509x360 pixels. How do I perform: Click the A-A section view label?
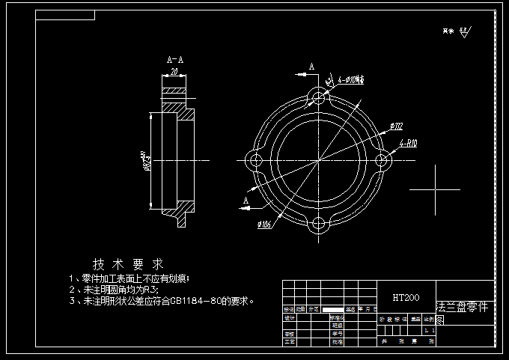point(175,59)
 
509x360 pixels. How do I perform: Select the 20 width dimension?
point(174,71)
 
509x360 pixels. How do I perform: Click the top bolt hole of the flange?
point(319,97)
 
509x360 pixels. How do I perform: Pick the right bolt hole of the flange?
point(383,161)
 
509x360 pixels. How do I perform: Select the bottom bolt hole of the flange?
point(319,225)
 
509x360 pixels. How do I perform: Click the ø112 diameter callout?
point(397,126)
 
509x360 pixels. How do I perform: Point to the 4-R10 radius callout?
point(409,142)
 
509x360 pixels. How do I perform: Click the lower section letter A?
point(246,201)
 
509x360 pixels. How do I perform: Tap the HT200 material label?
point(406,297)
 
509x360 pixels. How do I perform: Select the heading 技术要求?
point(128,264)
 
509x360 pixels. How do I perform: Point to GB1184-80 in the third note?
point(195,302)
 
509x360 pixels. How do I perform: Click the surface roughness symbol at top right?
point(464,31)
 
